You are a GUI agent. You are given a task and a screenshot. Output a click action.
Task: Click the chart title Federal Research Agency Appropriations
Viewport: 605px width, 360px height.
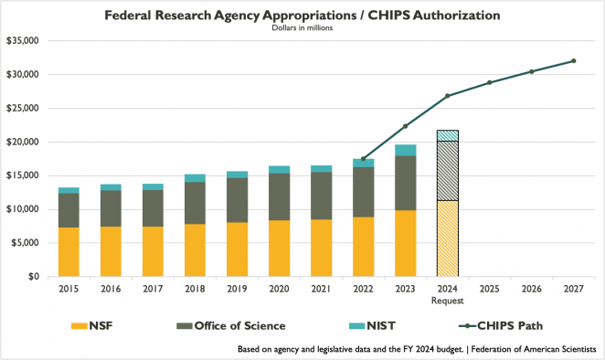pyautogui.click(x=302, y=16)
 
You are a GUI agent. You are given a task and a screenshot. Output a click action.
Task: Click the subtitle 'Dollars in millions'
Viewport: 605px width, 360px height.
pyautogui.click(x=302, y=28)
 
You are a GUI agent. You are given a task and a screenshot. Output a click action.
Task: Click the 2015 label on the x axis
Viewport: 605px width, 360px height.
pyautogui.click(x=69, y=289)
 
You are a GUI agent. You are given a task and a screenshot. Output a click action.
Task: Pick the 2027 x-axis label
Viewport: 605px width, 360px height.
pyautogui.click(x=573, y=289)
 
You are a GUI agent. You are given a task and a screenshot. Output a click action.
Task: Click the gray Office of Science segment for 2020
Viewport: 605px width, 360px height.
pyautogui.click(x=279, y=196)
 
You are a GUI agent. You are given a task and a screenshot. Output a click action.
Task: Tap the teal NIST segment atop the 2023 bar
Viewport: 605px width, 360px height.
pyautogui.click(x=405, y=150)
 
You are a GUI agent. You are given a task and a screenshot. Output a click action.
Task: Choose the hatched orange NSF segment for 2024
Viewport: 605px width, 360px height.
pyautogui.click(x=447, y=238)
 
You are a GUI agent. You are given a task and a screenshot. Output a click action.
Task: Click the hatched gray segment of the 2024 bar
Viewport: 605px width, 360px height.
pyautogui.click(x=447, y=171)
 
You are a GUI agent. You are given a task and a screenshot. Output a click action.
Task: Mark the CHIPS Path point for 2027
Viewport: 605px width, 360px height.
pyautogui.click(x=573, y=61)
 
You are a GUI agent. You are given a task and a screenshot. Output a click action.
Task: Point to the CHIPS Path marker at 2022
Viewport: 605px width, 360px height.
pyautogui.click(x=363, y=159)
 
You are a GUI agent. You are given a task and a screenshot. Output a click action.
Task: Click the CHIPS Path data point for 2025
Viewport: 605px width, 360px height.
pyautogui.click(x=489, y=82)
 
